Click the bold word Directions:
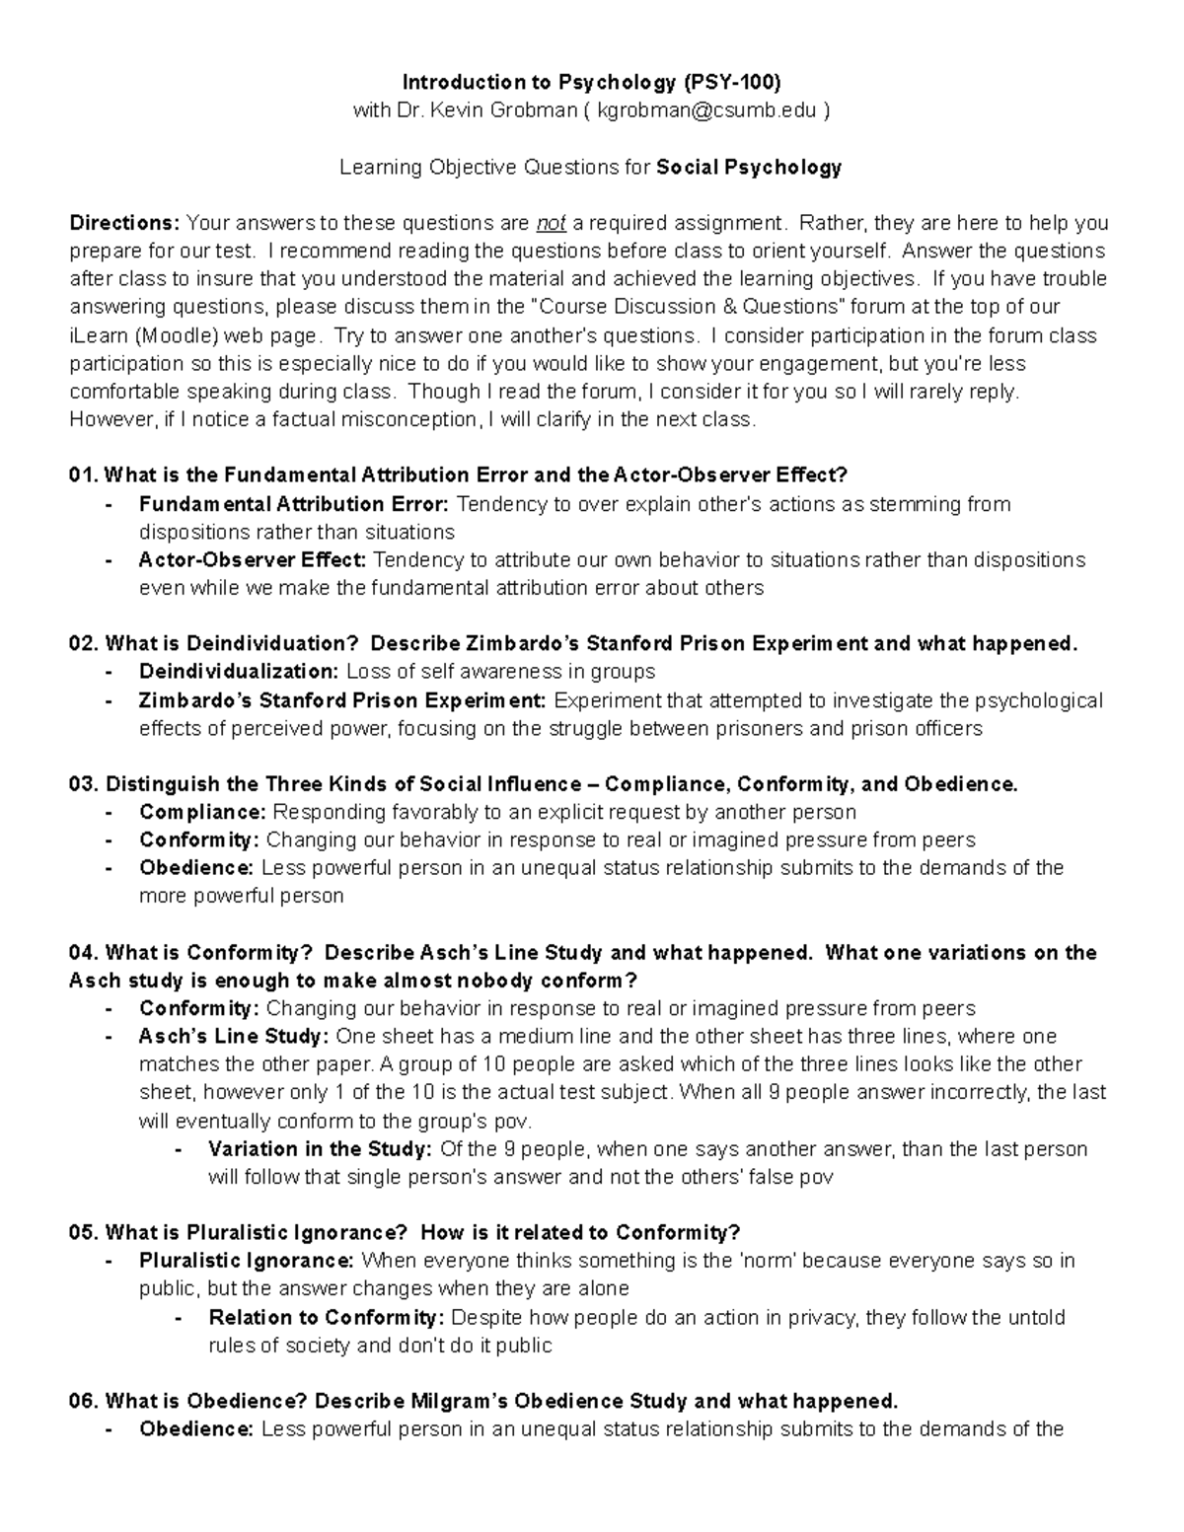pyautogui.click(x=124, y=222)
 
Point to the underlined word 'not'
pyautogui.click(x=551, y=222)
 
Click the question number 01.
pyautogui.click(x=84, y=475)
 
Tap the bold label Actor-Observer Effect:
pyautogui.click(x=253, y=560)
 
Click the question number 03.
pyautogui.click(x=84, y=784)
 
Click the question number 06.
pyautogui.click(x=84, y=1402)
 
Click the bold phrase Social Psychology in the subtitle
pyautogui.click(x=749, y=167)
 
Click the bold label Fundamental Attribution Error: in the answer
pyautogui.click(x=294, y=504)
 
